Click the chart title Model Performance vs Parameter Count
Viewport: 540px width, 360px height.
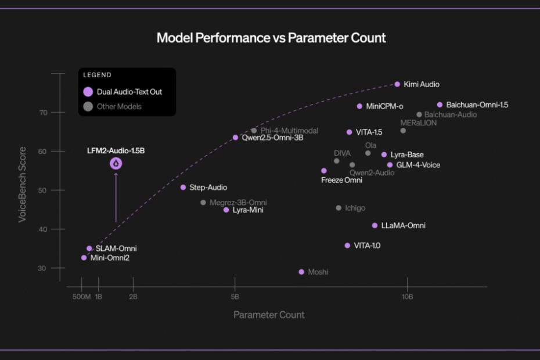[271, 38]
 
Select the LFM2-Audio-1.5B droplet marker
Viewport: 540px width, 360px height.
[116, 164]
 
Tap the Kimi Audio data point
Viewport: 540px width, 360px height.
[397, 84]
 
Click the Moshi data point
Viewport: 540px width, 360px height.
[301, 272]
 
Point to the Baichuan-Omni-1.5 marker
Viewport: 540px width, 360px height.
[440, 105]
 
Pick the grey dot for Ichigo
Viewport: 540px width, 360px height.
[339, 208]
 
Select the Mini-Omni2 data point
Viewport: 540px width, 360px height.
[84, 257]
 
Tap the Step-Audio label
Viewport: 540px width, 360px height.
[208, 188]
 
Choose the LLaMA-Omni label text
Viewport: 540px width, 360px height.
[403, 225]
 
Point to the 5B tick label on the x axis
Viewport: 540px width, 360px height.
[235, 297]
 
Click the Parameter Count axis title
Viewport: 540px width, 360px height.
[269, 315]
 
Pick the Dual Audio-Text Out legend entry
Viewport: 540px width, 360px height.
[129, 92]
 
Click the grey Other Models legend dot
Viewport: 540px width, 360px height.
[88, 106]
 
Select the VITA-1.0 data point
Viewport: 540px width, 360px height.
[347, 246]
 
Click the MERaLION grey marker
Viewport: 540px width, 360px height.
[403, 131]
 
